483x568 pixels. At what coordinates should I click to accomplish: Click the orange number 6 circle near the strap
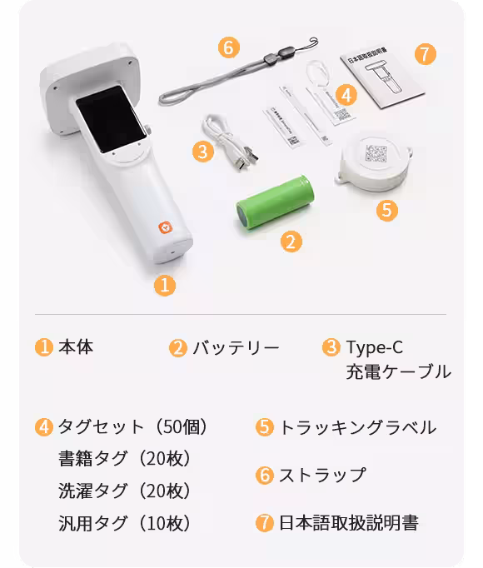pos(229,47)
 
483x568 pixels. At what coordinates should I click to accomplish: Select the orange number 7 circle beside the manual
pos(425,54)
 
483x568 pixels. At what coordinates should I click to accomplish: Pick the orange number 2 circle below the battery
pos(289,242)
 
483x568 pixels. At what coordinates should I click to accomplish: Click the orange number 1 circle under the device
pos(165,285)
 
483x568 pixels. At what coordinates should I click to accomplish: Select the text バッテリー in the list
pos(236,347)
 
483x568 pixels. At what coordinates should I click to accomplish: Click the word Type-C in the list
pos(374,347)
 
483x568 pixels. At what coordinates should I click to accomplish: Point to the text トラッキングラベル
pos(357,427)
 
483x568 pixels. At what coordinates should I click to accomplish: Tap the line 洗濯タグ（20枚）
pos(125,491)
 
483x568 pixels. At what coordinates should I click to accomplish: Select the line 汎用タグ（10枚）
pos(125,523)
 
